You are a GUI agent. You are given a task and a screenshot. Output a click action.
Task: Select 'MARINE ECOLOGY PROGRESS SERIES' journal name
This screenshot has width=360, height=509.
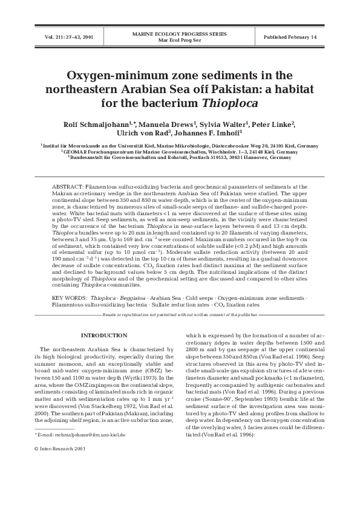(x=180, y=34)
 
